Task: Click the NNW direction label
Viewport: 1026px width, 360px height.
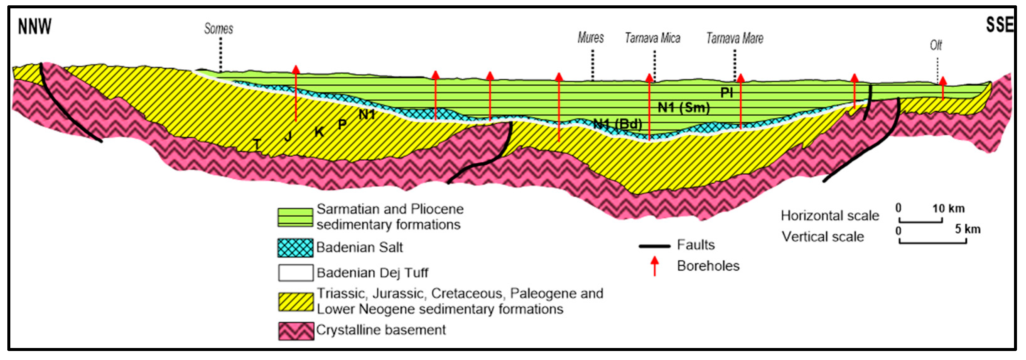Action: (x=35, y=27)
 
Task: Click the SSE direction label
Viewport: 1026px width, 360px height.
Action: (x=999, y=25)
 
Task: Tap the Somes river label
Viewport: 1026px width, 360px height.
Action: (x=218, y=29)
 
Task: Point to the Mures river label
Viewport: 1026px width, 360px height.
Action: (x=591, y=38)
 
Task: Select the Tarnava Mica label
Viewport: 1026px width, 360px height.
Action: (x=653, y=38)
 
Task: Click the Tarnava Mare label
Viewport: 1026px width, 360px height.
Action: (x=735, y=39)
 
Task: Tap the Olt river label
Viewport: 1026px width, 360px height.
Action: (x=936, y=45)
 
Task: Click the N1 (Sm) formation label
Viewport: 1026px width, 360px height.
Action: (x=684, y=108)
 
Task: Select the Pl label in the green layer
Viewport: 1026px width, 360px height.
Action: (x=727, y=93)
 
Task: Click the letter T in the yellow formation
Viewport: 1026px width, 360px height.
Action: (x=257, y=144)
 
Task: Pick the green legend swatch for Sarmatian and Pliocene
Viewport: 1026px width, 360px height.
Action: (x=295, y=217)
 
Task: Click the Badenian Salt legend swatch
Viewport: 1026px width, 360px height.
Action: (x=295, y=248)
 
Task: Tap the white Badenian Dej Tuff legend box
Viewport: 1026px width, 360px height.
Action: (x=295, y=273)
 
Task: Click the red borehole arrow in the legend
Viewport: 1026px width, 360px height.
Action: (x=655, y=266)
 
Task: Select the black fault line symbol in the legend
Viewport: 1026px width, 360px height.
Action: (x=655, y=246)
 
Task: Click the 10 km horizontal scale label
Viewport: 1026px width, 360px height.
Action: (x=948, y=208)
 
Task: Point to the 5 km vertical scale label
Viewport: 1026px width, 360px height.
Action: (x=967, y=229)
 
